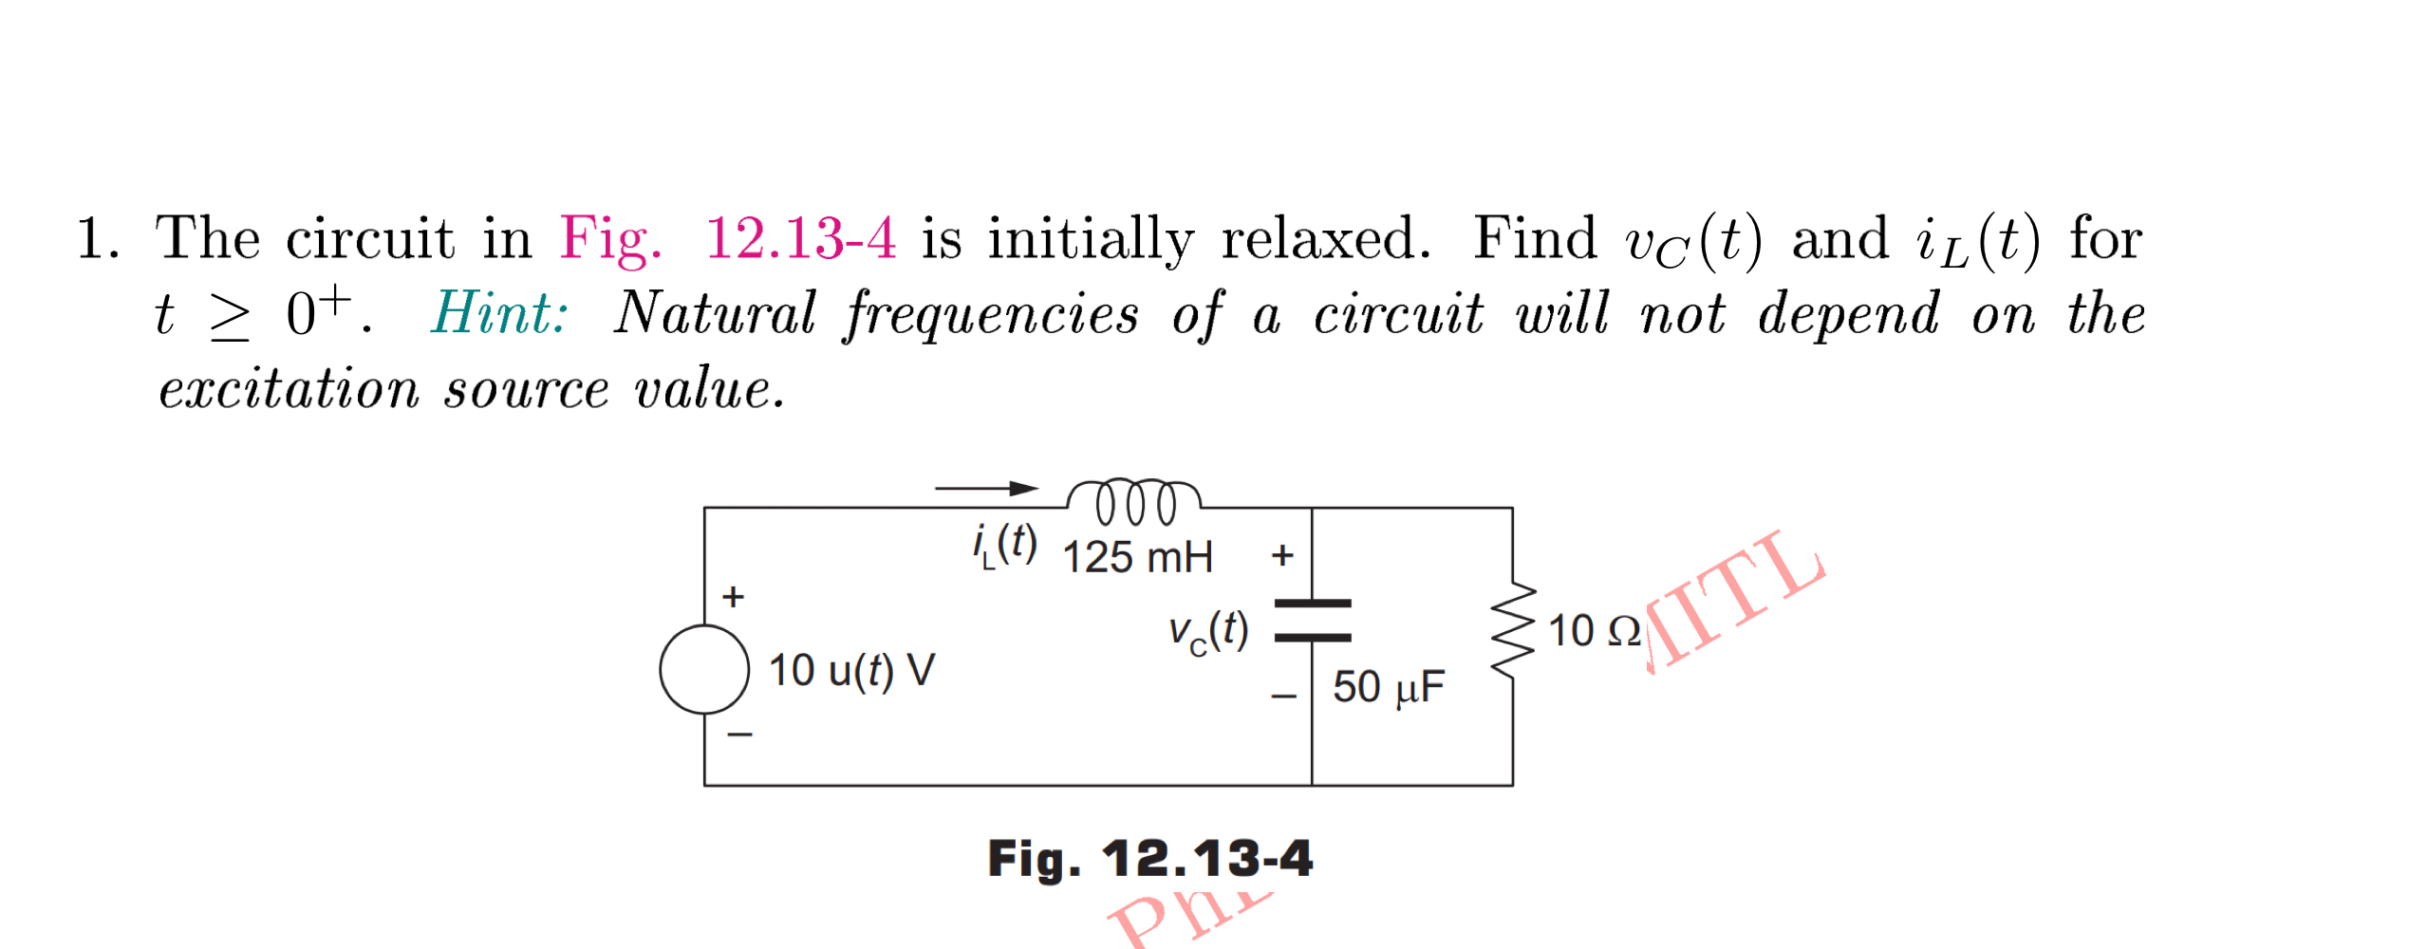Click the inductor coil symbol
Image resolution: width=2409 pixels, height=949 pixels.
tap(1133, 501)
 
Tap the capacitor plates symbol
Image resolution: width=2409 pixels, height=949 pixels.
tap(1312, 621)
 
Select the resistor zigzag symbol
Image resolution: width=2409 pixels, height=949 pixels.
tap(1512, 630)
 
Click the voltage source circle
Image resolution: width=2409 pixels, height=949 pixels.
tap(704, 669)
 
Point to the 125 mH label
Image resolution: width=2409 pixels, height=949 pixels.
tap(1137, 557)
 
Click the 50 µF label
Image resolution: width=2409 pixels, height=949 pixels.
tap(1388, 687)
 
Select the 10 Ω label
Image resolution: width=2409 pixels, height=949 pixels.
tap(1594, 631)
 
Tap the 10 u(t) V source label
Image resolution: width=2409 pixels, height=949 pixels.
tap(851, 671)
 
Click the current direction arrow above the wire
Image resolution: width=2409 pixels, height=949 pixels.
tap(987, 489)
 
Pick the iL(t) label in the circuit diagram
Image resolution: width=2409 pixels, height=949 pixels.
tap(1004, 546)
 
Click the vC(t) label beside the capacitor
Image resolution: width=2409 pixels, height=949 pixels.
tap(1207, 631)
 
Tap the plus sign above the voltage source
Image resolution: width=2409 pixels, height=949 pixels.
tap(733, 597)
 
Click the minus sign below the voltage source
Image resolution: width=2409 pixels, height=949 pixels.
tap(739, 735)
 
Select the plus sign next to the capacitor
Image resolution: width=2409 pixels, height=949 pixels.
tap(1282, 555)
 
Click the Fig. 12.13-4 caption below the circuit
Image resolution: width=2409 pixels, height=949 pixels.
tap(1149, 859)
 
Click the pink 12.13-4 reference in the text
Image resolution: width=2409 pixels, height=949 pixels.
tap(800, 237)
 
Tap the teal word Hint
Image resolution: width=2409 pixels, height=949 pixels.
tap(499, 313)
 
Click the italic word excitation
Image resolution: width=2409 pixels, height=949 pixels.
tap(289, 389)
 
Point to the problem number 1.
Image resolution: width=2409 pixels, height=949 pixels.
tap(97, 237)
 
